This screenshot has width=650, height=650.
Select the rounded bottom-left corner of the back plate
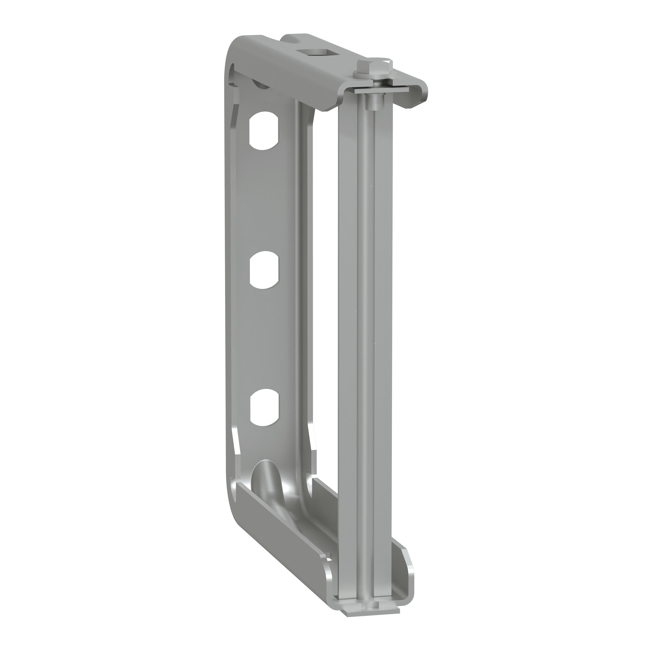tap(235, 515)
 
